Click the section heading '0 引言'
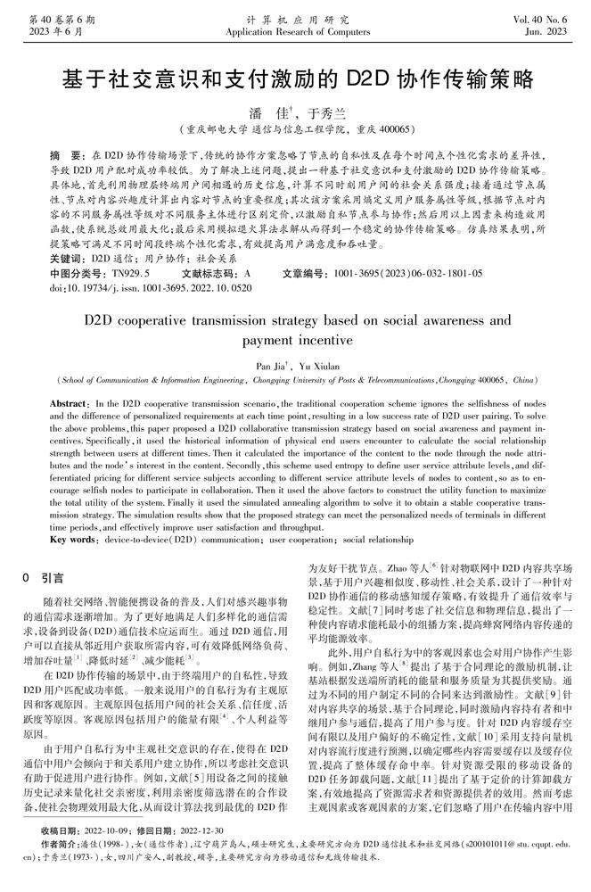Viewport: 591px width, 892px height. coord(44,578)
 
